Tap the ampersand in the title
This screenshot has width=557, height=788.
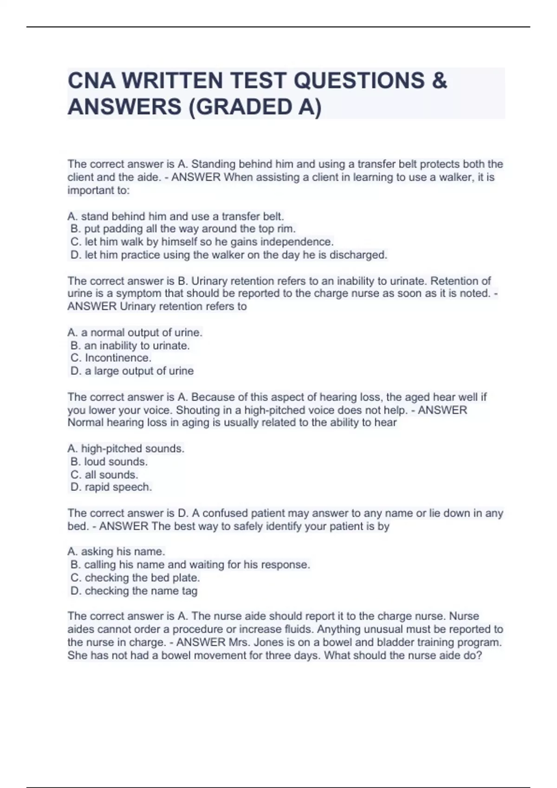click(439, 80)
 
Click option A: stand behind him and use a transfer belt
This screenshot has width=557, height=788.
click(175, 216)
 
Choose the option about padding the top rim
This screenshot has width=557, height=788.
click(183, 229)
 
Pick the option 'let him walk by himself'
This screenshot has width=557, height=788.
click(202, 241)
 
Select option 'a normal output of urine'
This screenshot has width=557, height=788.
click(135, 332)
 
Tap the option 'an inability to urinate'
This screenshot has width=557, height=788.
click(130, 345)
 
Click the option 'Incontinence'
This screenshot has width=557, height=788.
click(111, 358)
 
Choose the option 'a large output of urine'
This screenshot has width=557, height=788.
click(132, 371)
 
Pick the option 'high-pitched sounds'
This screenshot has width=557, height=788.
click(126, 448)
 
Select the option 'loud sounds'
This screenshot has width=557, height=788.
click(109, 461)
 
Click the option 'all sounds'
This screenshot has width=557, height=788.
click(104, 475)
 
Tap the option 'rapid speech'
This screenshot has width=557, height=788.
click(111, 487)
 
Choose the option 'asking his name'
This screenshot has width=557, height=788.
click(116, 552)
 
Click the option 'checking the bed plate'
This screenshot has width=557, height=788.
click(135, 578)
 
